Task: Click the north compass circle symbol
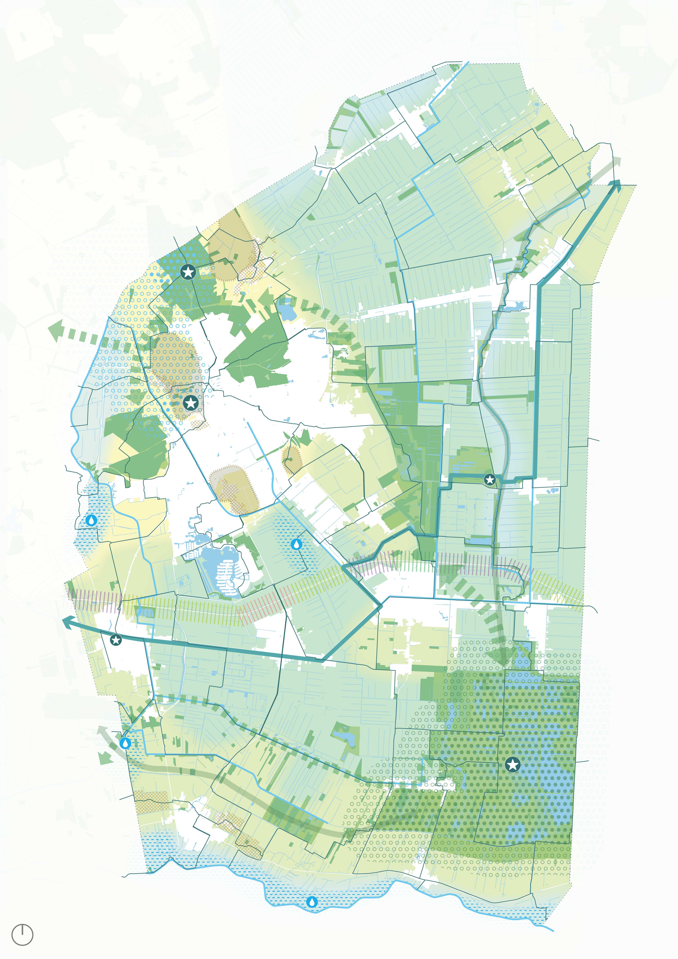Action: [22, 935]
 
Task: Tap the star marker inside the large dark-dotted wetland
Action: [513, 765]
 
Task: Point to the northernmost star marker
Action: [188, 272]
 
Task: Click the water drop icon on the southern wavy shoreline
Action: [312, 902]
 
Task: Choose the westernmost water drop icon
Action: [91, 520]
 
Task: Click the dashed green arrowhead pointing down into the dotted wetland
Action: [501, 656]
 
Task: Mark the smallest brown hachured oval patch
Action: [292, 459]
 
